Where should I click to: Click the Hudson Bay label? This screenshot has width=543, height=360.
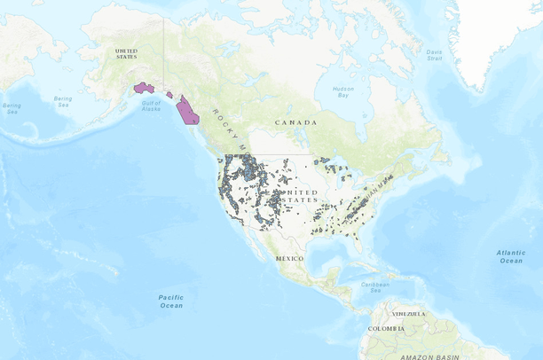tap(342, 92)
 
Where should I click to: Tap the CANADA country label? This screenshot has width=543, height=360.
tap(295, 122)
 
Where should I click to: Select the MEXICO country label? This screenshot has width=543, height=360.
tap(289, 258)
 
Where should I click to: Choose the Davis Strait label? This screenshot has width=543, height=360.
tap(435, 55)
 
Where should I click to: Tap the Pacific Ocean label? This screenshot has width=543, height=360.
tap(171, 301)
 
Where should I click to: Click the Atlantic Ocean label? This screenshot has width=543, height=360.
tap(510, 256)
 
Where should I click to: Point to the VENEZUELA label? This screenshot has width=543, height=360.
tap(410, 313)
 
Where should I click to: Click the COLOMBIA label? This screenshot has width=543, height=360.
tap(386, 329)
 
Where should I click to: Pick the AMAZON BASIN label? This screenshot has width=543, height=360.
tap(429, 356)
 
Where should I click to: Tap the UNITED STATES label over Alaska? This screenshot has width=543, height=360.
tap(127, 54)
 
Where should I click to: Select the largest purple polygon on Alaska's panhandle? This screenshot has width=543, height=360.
tap(187, 113)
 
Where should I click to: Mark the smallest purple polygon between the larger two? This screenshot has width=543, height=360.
tap(169, 93)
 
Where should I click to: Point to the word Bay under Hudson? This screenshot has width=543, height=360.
tap(342, 96)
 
